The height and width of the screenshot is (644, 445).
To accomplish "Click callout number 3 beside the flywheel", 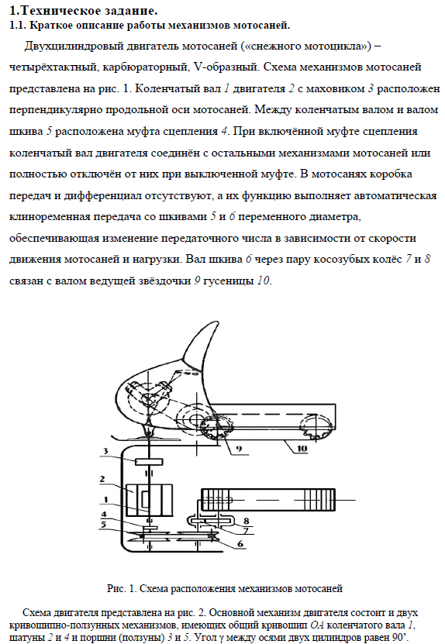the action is point(105,451).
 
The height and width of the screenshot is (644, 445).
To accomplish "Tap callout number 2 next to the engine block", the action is point(102,479).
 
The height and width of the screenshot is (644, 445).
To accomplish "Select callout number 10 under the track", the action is point(302,449).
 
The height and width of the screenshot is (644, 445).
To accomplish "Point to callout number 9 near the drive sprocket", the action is point(239,449).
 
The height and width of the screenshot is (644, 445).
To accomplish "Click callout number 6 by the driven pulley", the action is point(240,544).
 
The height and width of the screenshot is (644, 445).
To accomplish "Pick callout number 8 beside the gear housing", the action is point(246,521).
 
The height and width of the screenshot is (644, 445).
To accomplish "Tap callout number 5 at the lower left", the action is point(104,525).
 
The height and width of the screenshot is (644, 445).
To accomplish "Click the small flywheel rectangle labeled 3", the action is point(149,462).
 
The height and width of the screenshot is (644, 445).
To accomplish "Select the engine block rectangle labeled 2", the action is point(150,501).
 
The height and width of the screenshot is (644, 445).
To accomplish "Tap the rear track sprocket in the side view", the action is point(316,428).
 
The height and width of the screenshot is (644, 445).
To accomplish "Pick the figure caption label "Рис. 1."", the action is point(122,588).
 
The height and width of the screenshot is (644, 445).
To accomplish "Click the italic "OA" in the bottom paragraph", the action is point(316,626).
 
